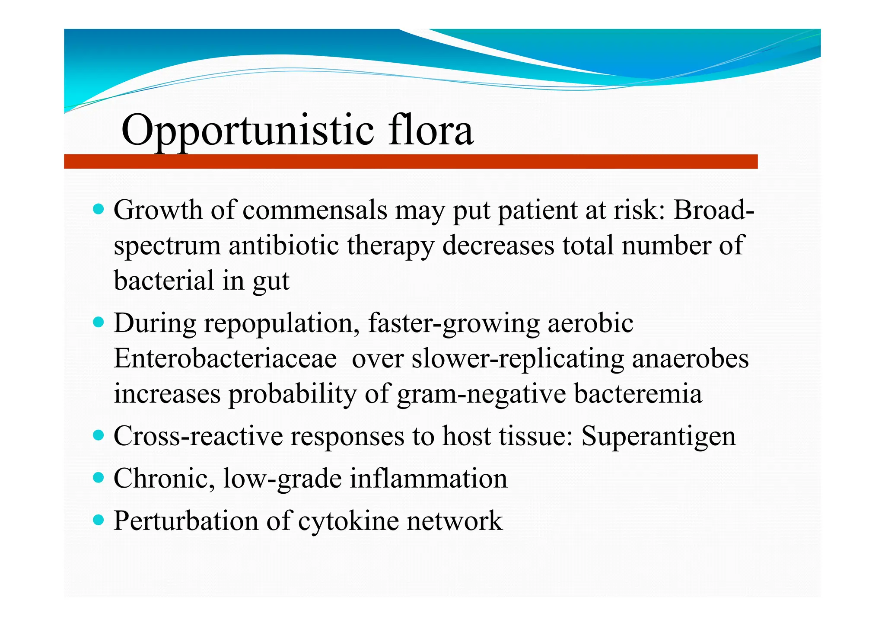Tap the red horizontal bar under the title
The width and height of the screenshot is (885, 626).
[x=411, y=161]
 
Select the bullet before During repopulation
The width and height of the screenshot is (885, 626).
[x=99, y=323]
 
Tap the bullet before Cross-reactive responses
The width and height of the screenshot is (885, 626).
[x=99, y=435]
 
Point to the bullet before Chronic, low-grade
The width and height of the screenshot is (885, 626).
[x=99, y=478]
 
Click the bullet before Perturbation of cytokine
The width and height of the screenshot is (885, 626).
[x=99, y=520]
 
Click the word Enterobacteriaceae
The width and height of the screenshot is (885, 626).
[x=225, y=359]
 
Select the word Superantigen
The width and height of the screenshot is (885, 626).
[x=658, y=436]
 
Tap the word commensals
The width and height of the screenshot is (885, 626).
[x=315, y=211]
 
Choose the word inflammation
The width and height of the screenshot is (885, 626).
[x=428, y=479]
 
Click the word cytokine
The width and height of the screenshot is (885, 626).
[x=348, y=521]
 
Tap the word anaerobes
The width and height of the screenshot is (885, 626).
[x=690, y=359]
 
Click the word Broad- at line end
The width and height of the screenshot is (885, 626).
[x=714, y=211]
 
